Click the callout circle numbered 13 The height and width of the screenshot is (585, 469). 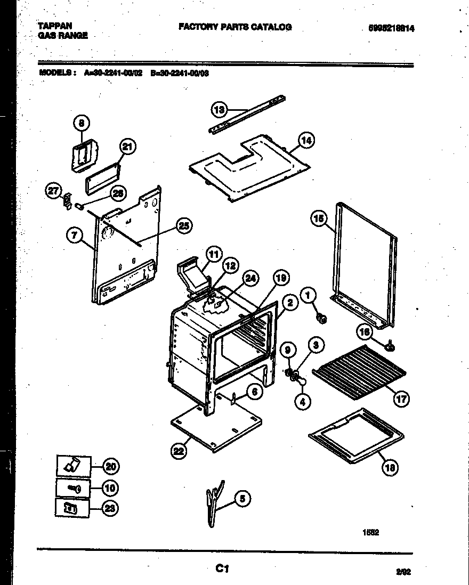[x=219, y=110]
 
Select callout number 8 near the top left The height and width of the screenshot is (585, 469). [x=82, y=123]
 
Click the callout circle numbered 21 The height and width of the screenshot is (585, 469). [x=127, y=148]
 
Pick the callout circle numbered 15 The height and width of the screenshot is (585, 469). [x=319, y=218]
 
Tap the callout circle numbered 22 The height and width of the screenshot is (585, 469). [x=179, y=452]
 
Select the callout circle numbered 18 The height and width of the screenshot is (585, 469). [x=390, y=468]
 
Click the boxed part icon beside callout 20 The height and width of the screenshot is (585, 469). [x=73, y=466]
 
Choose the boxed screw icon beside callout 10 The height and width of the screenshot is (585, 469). [x=73, y=487]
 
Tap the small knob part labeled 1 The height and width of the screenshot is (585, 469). [x=322, y=319]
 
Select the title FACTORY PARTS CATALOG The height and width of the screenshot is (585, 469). [x=234, y=27]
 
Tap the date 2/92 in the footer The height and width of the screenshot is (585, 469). [x=403, y=572]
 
